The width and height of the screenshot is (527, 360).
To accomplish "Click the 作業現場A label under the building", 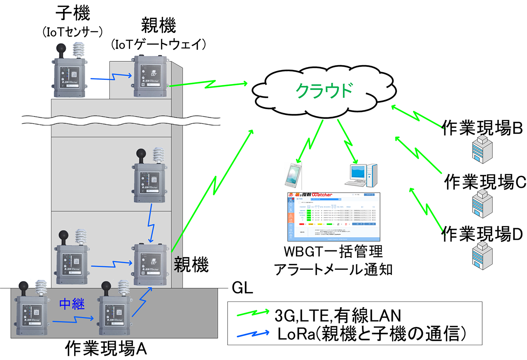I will [106, 349].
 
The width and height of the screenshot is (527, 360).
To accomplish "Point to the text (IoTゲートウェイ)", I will [159, 44].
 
